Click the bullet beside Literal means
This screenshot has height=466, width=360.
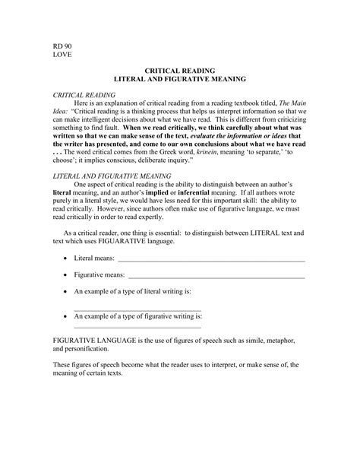point(64,259)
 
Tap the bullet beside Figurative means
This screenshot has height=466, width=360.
point(64,274)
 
